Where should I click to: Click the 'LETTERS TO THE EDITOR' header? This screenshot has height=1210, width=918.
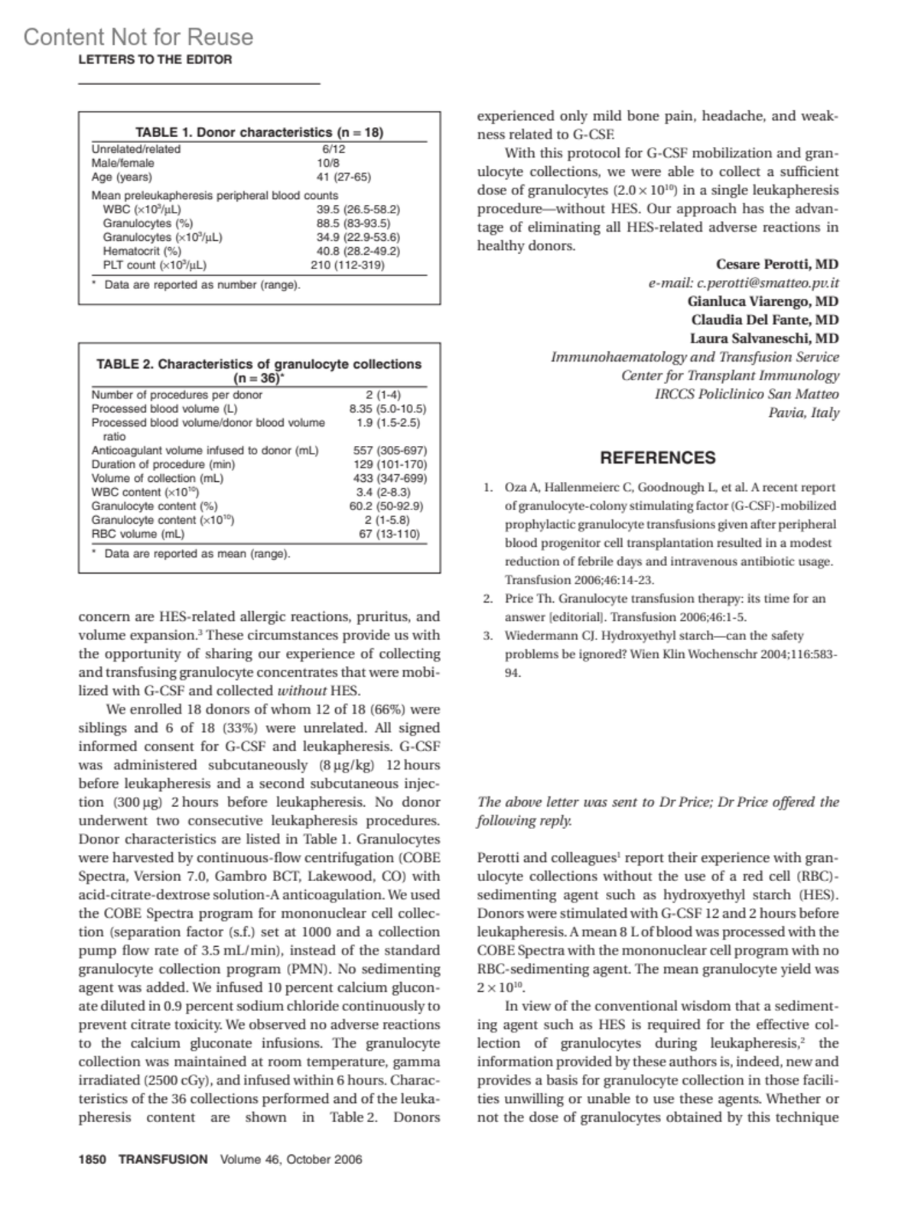155,60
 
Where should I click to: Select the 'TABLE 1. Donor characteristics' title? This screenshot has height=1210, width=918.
259,132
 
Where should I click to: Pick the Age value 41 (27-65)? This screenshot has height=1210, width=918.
343,177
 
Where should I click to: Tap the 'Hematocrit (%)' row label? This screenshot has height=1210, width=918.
142,251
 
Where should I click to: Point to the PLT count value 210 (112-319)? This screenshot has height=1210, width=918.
347,265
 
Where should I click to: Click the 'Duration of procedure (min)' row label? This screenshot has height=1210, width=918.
163,464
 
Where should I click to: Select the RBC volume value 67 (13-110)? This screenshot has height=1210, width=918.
389,534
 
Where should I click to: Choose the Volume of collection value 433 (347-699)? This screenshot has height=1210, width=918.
389,478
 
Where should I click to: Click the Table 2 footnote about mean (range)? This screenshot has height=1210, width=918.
197,553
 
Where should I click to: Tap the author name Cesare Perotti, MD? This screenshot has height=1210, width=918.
777,265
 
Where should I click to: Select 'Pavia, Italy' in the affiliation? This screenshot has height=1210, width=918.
803,413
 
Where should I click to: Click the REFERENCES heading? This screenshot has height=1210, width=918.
658,458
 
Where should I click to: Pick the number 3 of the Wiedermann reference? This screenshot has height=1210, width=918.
487,636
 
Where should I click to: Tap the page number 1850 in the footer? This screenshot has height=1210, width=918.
92,1160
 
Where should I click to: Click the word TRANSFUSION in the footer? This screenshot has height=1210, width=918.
163,1160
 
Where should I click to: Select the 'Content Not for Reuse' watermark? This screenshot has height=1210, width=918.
138,37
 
